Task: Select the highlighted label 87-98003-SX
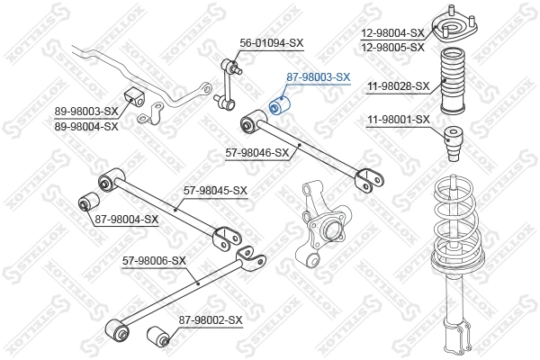click(x=318, y=77)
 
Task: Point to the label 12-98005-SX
click(x=392, y=47)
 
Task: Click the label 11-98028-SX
click(x=399, y=86)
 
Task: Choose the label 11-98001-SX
click(x=399, y=120)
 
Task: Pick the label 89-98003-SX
click(x=86, y=112)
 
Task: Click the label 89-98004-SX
click(x=86, y=126)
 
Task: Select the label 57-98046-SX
click(x=256, y=153)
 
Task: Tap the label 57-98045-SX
click(x=215, y=191)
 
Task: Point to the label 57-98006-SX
click(x=154, y=261)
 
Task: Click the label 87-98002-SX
click(x=211, y=319)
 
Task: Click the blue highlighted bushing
click(x=279, y=107)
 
